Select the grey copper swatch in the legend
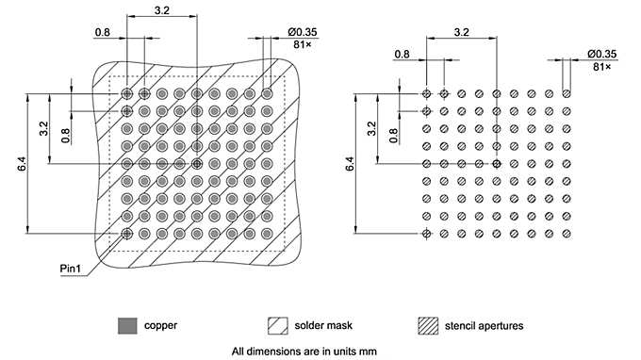pos(125,325)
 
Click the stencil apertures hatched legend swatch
pos(428,325)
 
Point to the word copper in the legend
pos(160,325)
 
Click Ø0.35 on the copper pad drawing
pos(303,32)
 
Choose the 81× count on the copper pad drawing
pos(303,44)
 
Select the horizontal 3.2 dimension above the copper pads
pos(161,11)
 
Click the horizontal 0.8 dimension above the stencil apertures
pos(403,54)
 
